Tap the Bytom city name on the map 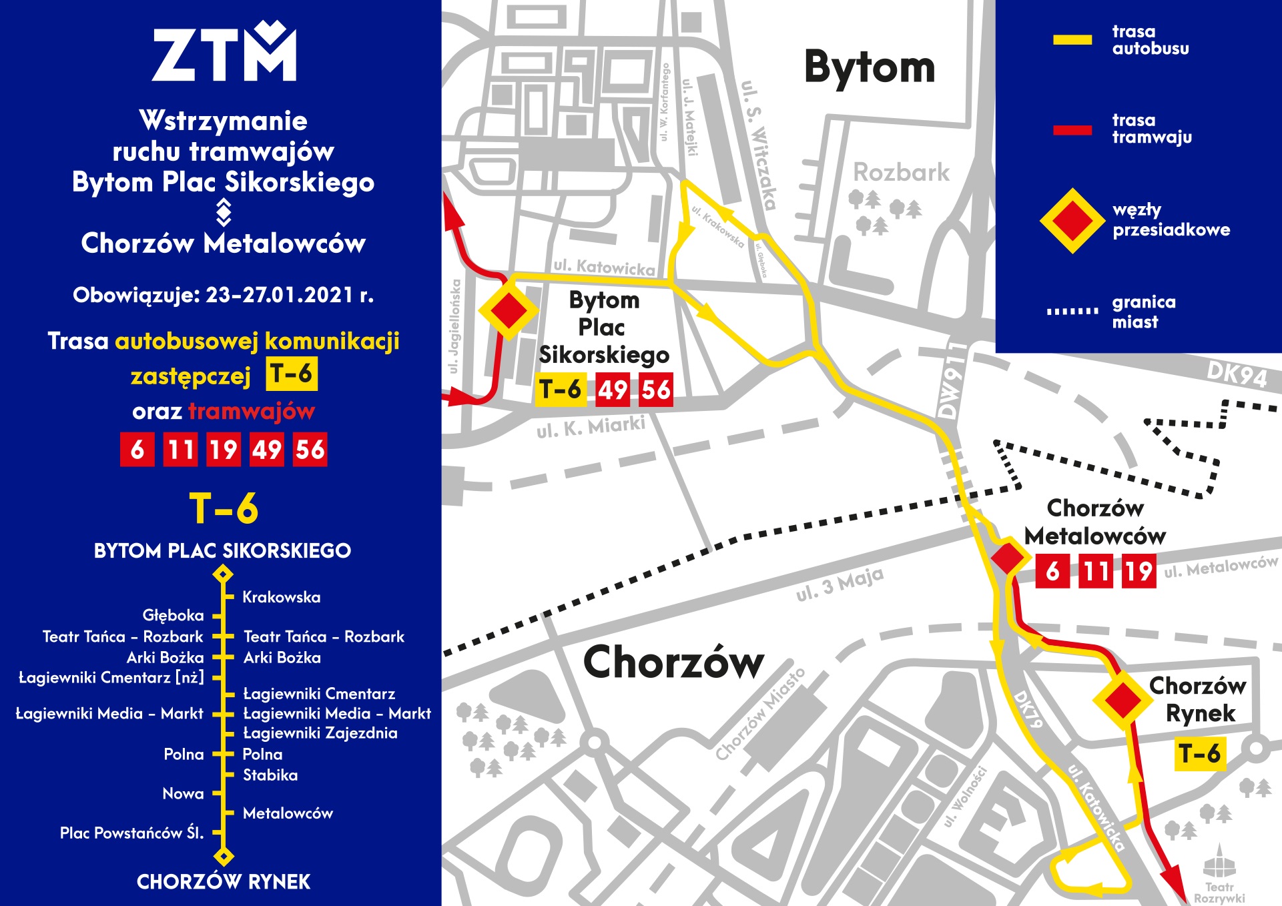click(869, 67)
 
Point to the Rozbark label click(901, 173)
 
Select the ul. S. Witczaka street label click(759, 145)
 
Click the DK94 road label click(1237, 374)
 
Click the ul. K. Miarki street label click(591, 427)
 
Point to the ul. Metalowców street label click(1221, 566)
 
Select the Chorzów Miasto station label click(760, 715)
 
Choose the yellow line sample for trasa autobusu click(1072, 40)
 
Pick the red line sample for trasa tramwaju click(1072, 130)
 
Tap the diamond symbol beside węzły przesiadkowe click(1072, 221)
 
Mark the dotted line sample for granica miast click(1072, 311)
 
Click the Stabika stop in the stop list click(270, 775)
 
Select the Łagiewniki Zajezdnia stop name click(320, 733)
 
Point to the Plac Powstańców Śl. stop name click(131, 833)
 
